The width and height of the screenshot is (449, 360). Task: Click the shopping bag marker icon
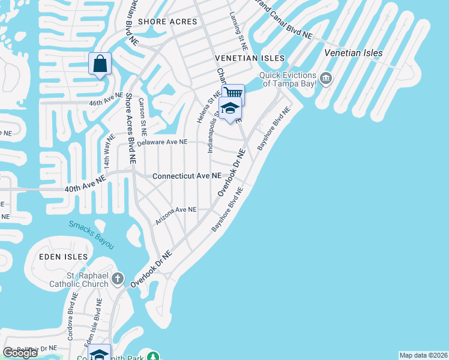point(100,64)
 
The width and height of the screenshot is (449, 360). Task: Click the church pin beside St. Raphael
point(118,279)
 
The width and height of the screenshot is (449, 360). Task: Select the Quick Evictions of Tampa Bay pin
point(327,79)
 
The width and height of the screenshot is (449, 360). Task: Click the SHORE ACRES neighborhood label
point(167,22)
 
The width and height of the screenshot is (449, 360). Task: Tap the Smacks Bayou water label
point(91,235)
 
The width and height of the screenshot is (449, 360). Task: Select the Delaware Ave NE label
point(162,142)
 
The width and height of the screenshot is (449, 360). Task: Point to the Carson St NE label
point(143,117)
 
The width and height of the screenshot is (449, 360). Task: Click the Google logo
point(20,353)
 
